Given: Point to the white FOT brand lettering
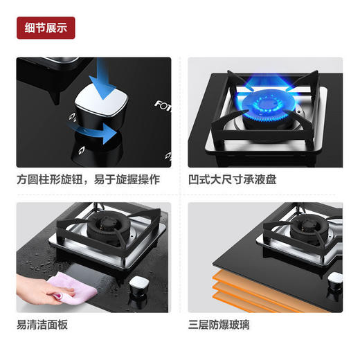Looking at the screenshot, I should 161,105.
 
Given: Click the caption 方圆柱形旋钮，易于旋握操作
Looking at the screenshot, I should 88,179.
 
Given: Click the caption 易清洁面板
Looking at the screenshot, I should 42,323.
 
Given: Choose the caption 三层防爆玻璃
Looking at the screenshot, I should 220,323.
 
